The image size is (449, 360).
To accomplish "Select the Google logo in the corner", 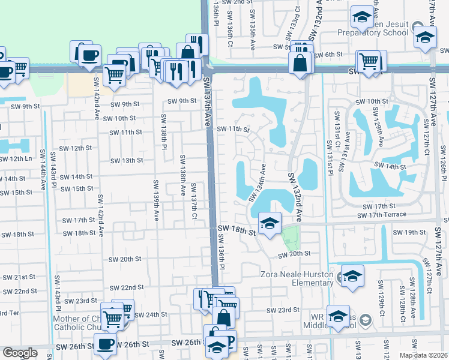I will click(x=19, y=353).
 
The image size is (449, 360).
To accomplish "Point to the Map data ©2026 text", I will click(x=423, y=355).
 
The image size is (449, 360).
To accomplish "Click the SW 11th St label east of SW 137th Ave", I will click(x=233, y=129).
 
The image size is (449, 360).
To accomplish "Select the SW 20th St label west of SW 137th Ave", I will click(x=124, y=259).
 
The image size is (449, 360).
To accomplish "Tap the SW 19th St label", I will click(x=408, y=232).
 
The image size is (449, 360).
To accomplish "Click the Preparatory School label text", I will click(x=373, y=33).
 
